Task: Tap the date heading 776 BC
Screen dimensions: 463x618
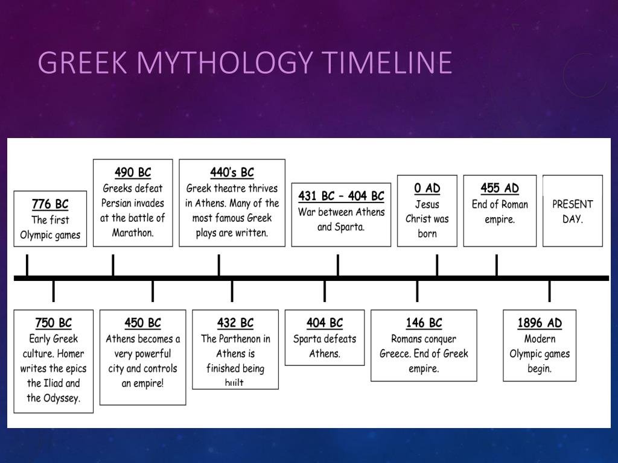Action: (50, 204)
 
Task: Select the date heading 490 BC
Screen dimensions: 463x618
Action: (133, 172)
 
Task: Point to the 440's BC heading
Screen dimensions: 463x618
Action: (232, 172)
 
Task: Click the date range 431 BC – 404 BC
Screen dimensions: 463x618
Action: (341, 196)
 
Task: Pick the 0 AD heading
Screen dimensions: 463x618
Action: (427, 188)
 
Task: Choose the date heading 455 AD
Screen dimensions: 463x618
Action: (500, 188)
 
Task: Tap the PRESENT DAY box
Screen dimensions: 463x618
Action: (572, 211)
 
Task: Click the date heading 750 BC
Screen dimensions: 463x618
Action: (53, 323)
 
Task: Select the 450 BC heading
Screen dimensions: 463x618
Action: (142, 323)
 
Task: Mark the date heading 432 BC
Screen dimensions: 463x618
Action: (235, 323)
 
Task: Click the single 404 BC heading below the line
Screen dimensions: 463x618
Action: (325, 323)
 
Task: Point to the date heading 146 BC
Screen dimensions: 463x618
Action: (424, 323)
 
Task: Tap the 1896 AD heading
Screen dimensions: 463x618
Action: (540, 323)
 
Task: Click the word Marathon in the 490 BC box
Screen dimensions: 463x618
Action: (133, 233)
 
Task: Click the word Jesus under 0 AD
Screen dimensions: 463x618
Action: (427, 204)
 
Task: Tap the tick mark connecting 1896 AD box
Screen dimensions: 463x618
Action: (549, 291)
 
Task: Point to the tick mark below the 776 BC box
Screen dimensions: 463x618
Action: (27, 265)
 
